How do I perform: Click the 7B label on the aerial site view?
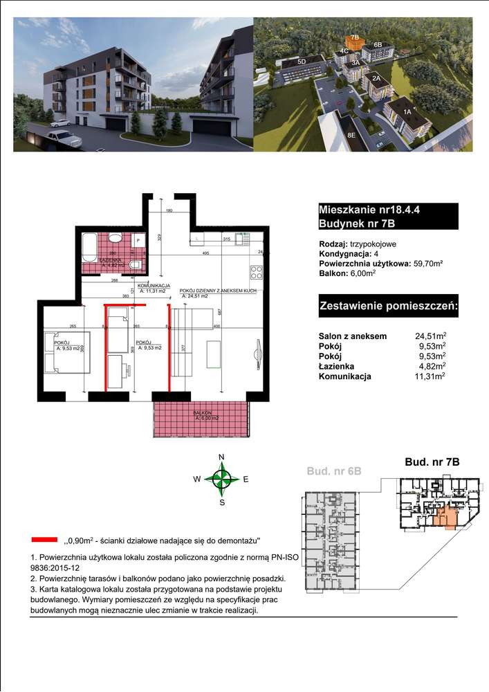coord(355,37)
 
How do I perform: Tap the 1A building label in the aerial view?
coord(408,111)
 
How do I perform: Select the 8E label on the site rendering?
coord(351,135)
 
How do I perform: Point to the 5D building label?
coord(302,62)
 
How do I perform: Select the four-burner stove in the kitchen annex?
coord(256,271)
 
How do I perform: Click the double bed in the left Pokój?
coord(59,352)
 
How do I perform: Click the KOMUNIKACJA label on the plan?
coord(154,285)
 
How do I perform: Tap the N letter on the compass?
coord(221,457)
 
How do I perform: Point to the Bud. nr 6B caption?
coord(333,471)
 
